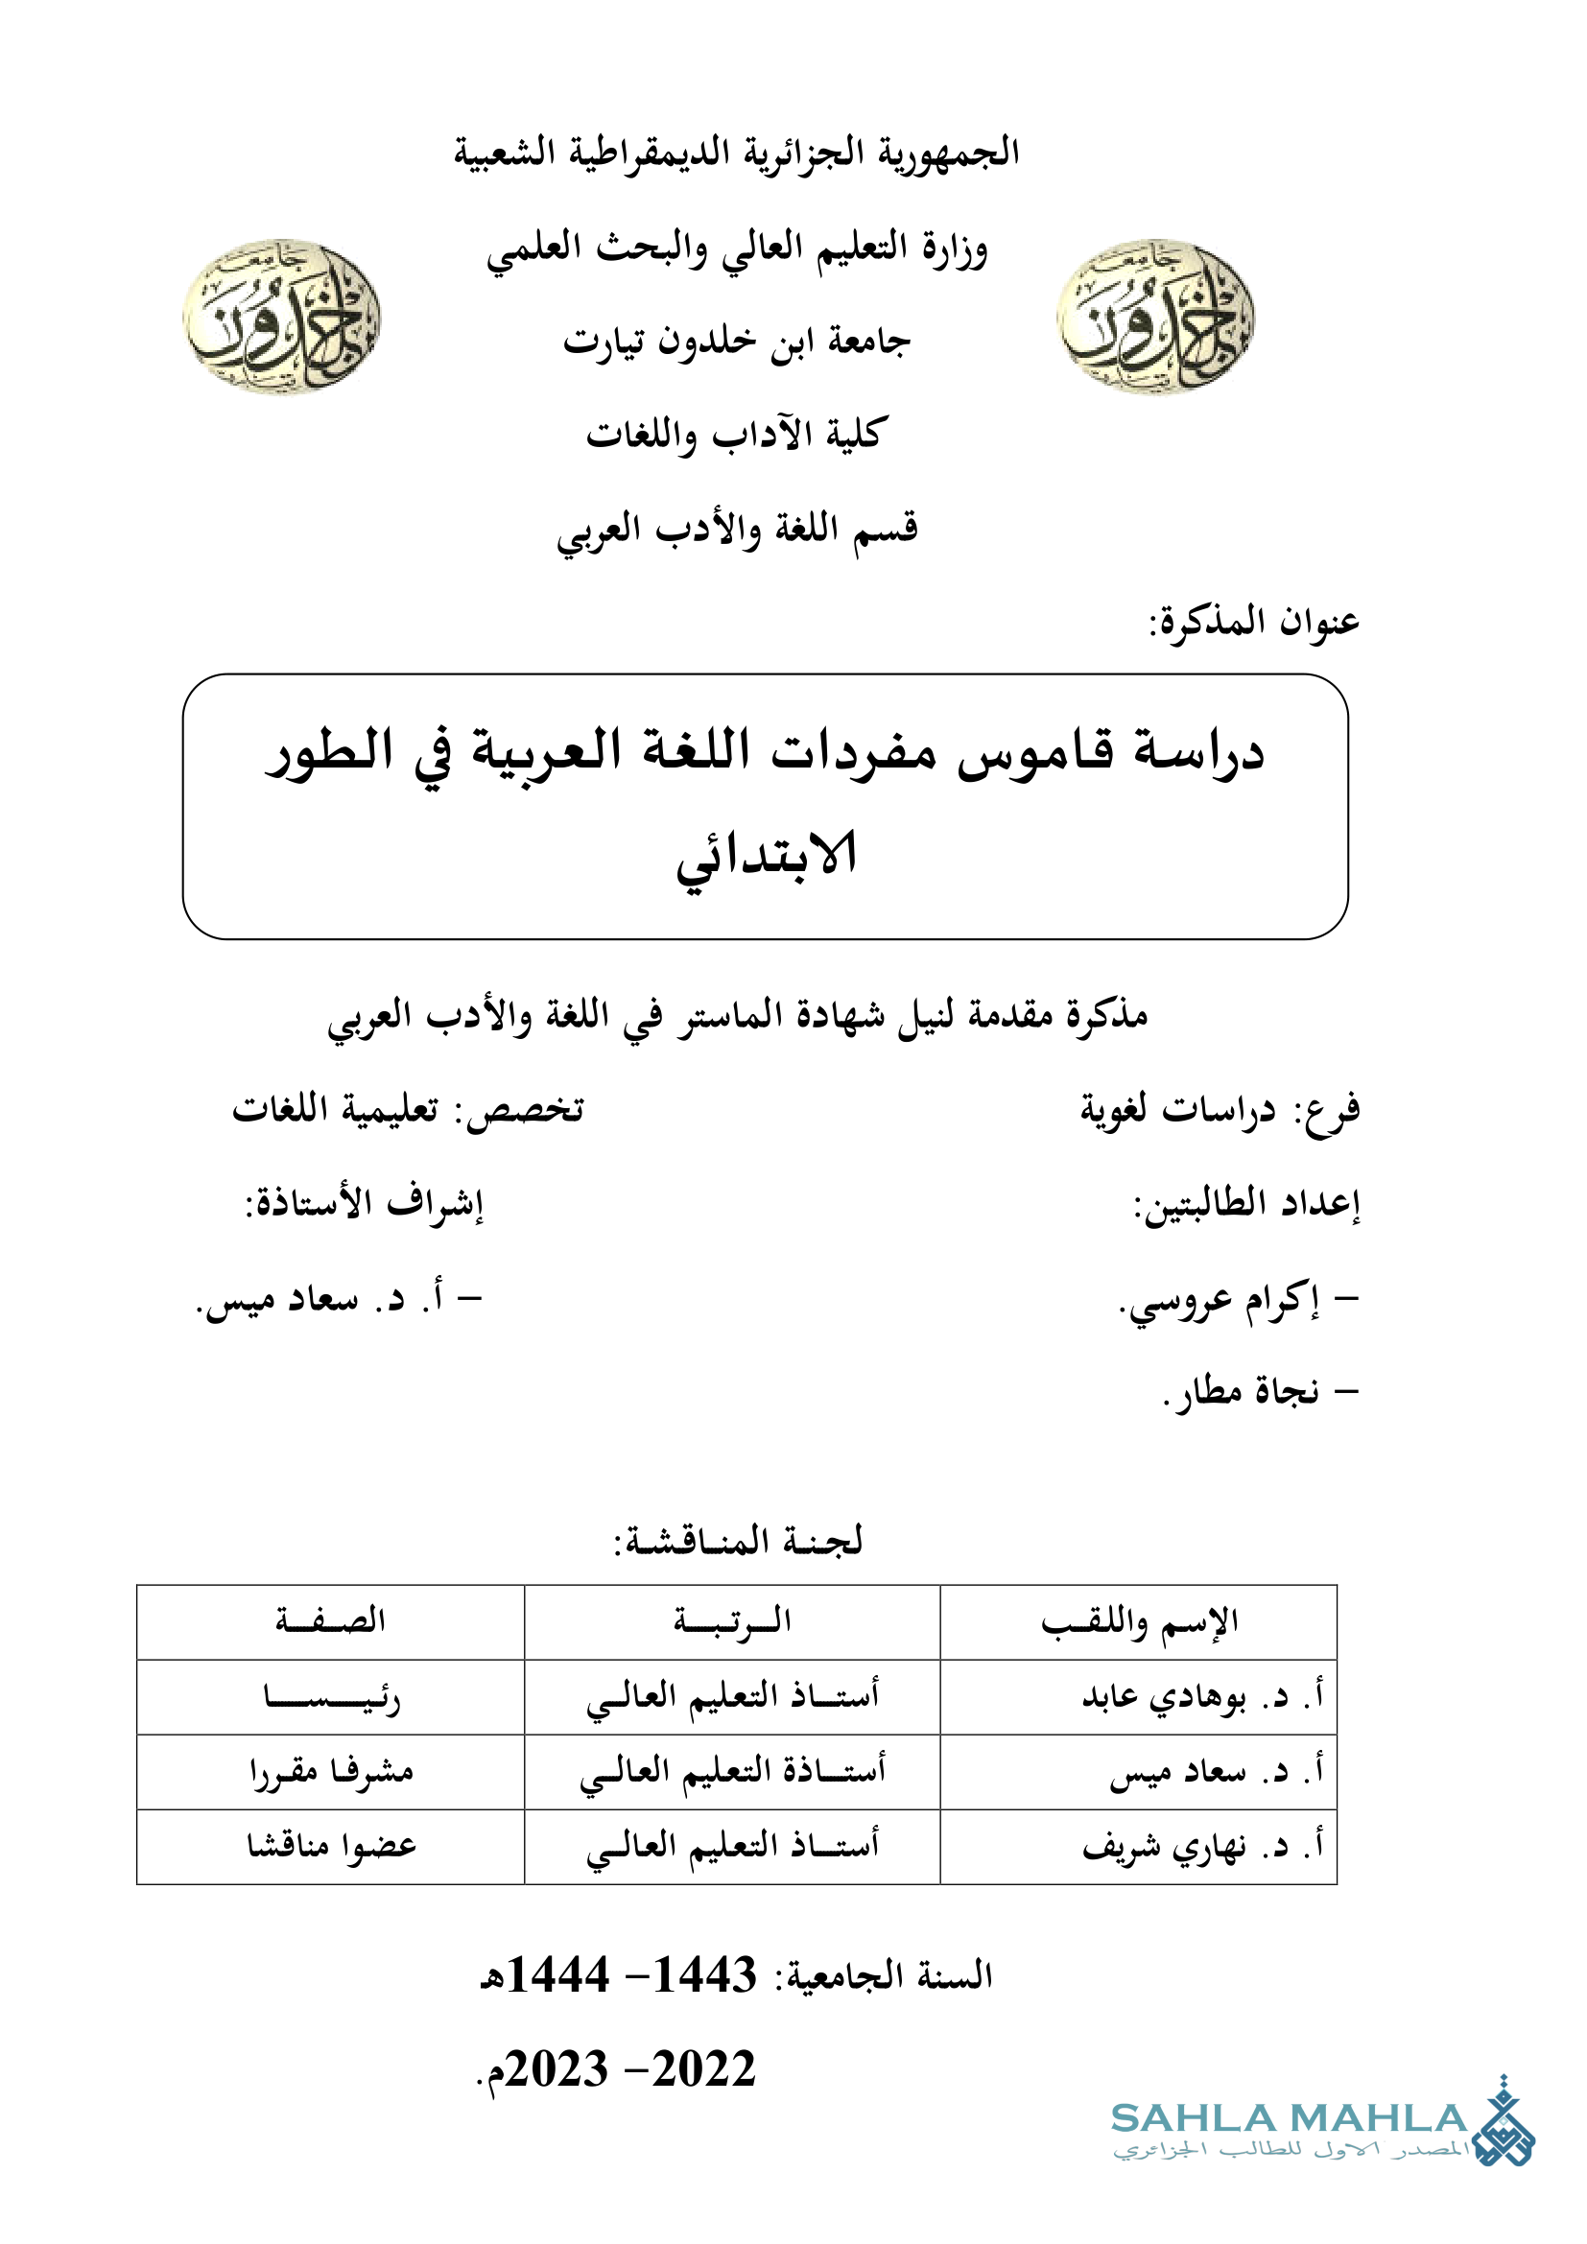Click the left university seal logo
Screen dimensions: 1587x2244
(x=281, y=317)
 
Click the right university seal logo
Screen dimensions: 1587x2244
(x=1155, y=317)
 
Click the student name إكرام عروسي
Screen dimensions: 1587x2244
(x=1221, y=1301)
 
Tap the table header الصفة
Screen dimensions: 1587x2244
(x=330, y=1621)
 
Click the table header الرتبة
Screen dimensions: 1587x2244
(x=732, y=1621)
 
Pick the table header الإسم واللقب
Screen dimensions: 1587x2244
(x=1140, y=1621)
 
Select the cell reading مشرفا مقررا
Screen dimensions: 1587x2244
(x=331, y=1772)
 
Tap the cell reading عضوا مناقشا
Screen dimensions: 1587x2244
(x=331, y=1846)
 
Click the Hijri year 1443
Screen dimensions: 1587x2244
(x=703, y=1975)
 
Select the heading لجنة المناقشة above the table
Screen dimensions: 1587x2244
(x=739, y=1542)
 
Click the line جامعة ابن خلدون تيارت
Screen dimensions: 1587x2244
(x=737, y=342)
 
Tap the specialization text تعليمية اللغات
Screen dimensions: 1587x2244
(x=335, y=1109)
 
